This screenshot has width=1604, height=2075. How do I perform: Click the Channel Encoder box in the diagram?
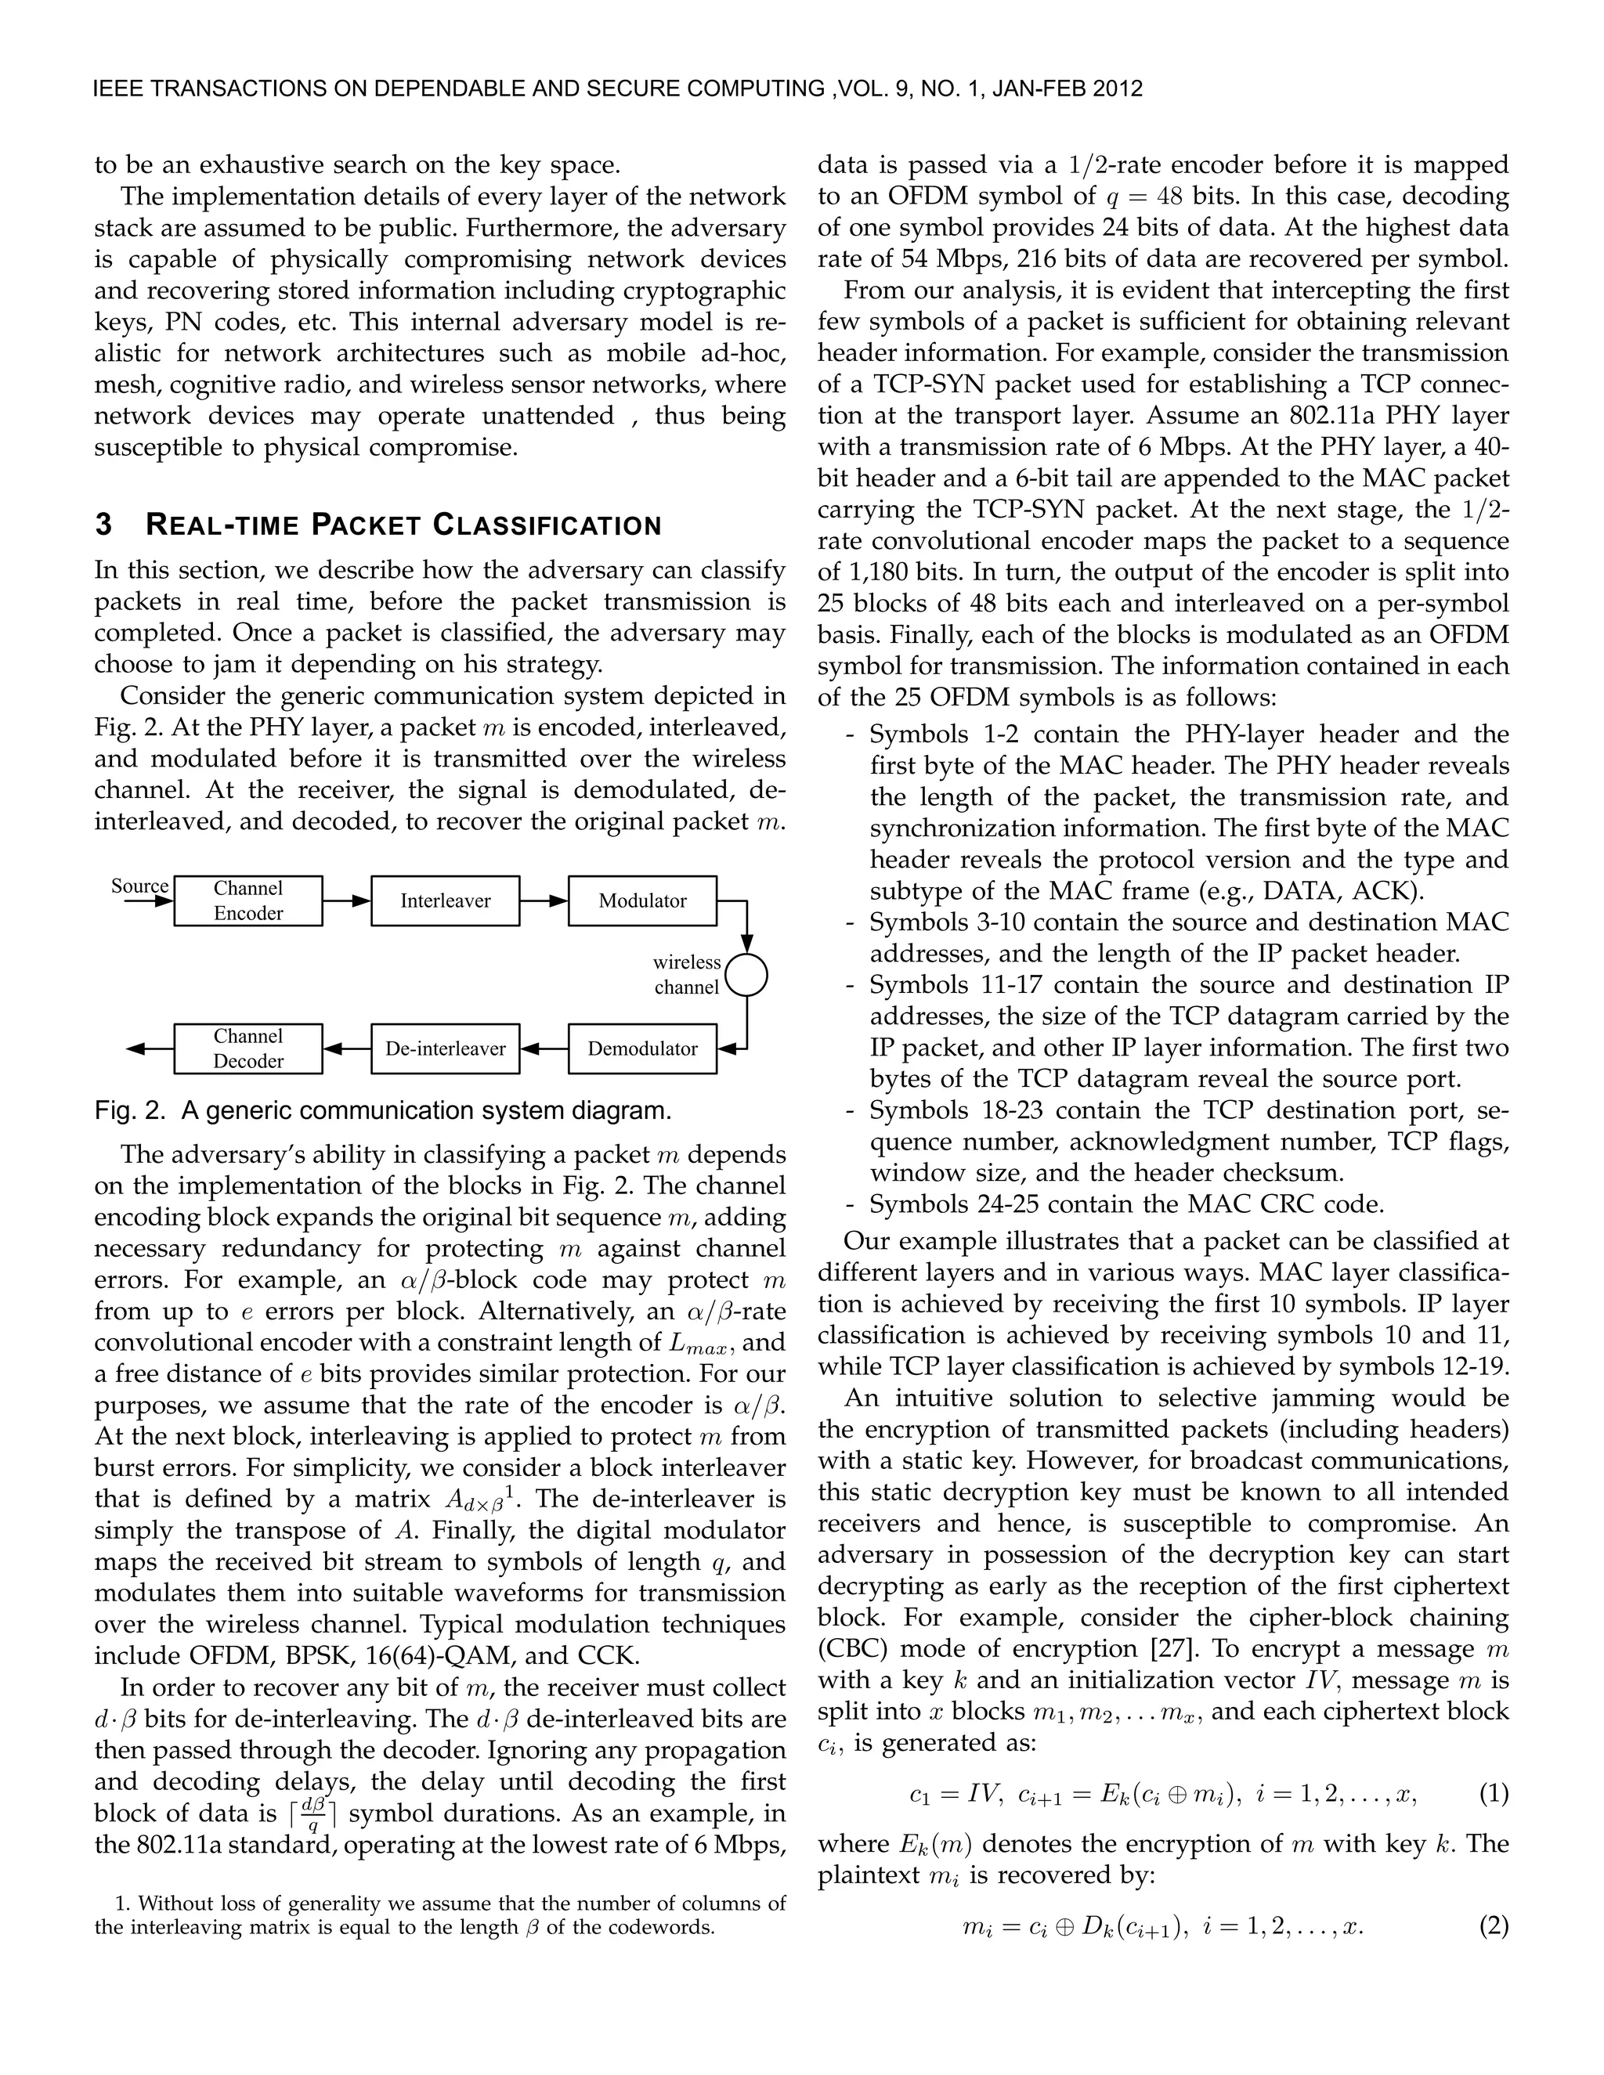[x=248, y=900]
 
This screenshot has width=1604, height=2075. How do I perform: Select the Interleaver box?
[x=445, y=900]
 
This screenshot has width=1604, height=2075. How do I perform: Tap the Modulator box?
[x=642, y=900]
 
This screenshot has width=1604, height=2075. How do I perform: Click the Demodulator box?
[x=642, y=1049]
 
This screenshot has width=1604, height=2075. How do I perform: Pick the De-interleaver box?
[x=445, y=1049]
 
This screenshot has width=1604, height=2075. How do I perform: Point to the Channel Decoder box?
[x=248, y=1049]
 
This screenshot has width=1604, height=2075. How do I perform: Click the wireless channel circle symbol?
[x=746, y=975]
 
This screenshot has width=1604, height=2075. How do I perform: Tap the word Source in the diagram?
[x=139, y=886]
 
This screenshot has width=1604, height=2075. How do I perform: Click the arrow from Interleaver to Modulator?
[x=544, y=900]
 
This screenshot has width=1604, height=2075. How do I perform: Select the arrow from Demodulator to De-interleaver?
[x=544, y=1049]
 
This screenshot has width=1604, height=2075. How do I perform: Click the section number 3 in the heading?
[x=103, y=525]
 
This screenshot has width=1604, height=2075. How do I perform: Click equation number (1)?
[x=1494, y=1795]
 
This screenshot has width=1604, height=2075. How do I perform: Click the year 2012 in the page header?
[x=1118, y=89]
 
